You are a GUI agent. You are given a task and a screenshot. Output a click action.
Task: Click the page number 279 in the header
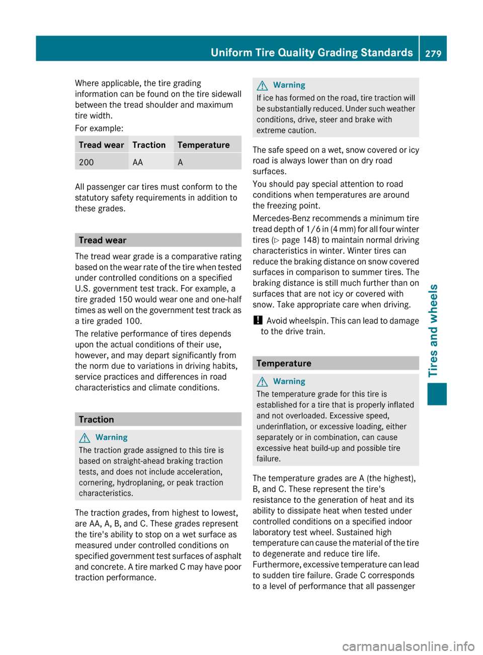coord(433,53)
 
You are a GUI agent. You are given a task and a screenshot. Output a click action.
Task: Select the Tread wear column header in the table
coord(101,145)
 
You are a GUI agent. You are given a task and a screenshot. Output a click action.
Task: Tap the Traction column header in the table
coord(149,145)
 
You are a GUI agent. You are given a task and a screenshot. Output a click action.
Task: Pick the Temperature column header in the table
coord(203,145)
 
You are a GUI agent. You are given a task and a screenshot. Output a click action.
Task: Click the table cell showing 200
coord(87,162)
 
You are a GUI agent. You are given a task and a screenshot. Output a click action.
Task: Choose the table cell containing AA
coord(138,162)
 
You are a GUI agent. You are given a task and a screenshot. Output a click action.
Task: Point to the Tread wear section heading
coord(103,240)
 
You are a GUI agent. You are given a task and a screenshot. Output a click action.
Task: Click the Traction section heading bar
coord(157,420)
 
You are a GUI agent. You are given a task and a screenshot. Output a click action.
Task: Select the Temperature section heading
coord(284,363)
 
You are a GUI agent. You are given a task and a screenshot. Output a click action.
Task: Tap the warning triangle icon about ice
coord(262,86)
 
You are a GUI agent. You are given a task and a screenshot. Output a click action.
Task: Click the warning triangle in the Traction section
coord(85,438)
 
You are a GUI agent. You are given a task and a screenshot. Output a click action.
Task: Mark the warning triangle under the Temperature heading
coord(262,382)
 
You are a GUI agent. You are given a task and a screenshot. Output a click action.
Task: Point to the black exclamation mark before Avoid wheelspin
coord(257,320)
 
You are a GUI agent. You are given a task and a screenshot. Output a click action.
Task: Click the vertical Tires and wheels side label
coord(434,330)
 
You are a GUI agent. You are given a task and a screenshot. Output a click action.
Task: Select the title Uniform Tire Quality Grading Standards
coord(311,52)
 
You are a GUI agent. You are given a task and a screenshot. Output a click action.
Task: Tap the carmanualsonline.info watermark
coord(408,645)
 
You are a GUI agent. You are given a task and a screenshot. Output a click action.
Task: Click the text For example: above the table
coord(99,128)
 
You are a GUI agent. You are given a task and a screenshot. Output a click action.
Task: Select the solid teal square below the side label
coord(437,394)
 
